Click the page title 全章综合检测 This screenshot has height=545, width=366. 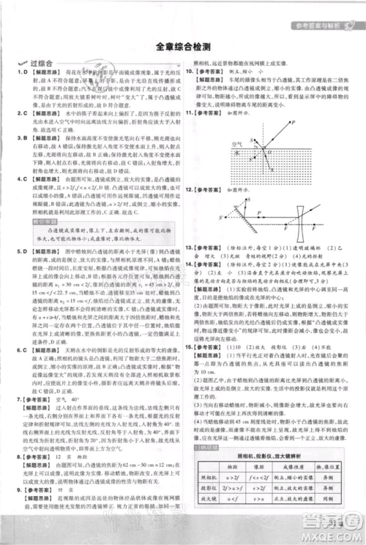coord(183,47)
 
